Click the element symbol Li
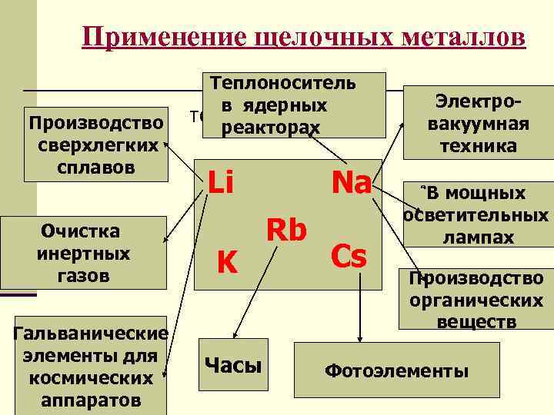pyautogui.click(x=221, y=183)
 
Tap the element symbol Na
pyautogui.click(x=350, y=183)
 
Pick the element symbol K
pyautogui.click(x=225, y=263)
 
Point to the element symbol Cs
pyautogui.click(x=348, y=257)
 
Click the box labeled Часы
pyautogui.click(x=233, y=365)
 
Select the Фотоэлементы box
pyautogui.click(x=397, y=371)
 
